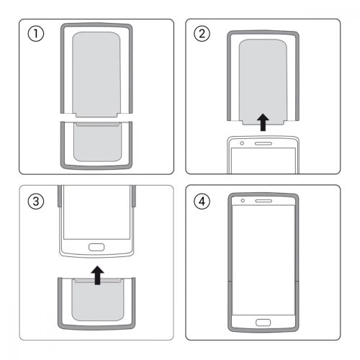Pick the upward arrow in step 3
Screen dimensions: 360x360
[x=96, y=274]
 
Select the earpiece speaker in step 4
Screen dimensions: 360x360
[x=264, y=200]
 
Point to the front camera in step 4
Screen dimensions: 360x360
[x=243, y=200]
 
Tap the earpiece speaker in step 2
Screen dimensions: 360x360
[x=264, y=142]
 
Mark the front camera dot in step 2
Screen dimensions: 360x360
[x=243, y=142]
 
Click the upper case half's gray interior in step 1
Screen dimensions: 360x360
[x=96, y=68]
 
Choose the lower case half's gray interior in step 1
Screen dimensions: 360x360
[x=96, y=144]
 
